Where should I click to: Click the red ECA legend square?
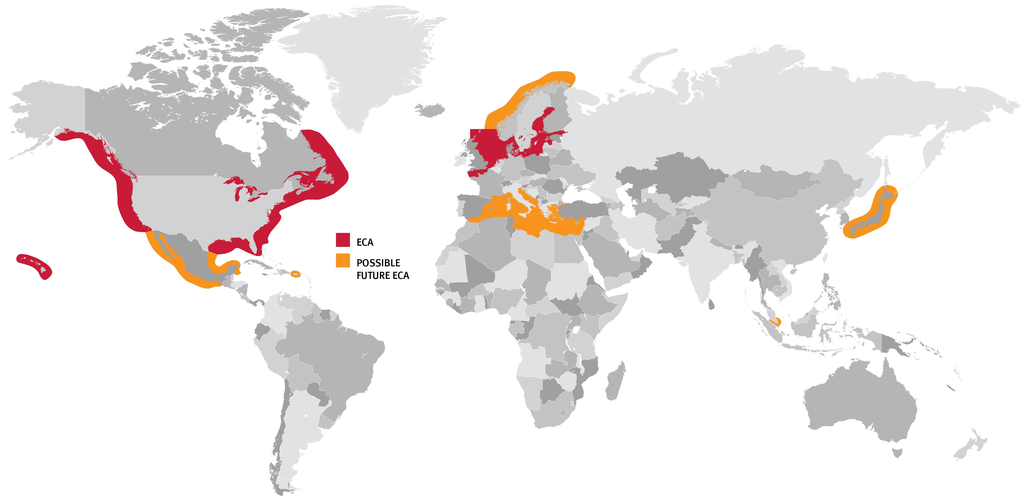coord(343,240)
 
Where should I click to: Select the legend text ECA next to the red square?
coord(365,242)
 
